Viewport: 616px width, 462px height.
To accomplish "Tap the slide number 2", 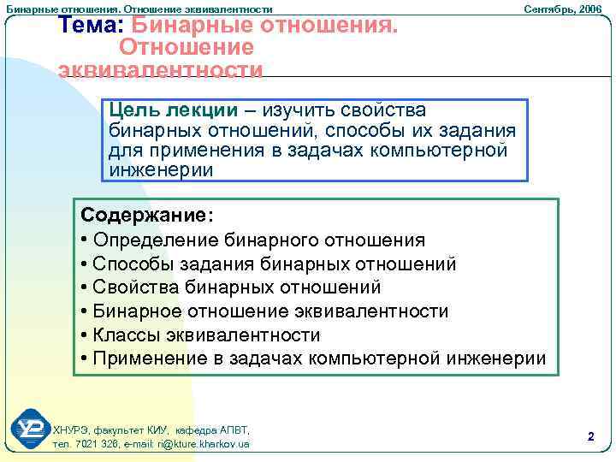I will [x=590, y=436].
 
